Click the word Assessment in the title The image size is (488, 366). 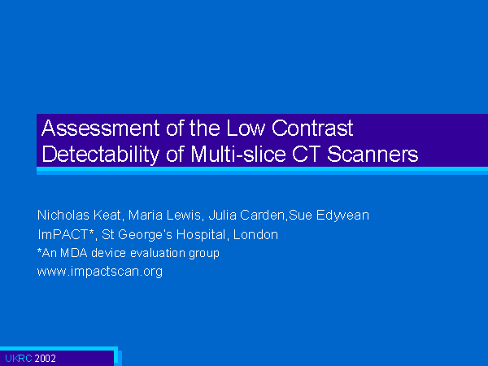tap(101, 128)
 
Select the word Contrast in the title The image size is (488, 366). tap(312, 128)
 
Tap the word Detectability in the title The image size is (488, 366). tap(101, 155)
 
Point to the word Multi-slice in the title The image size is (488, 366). tap(238, 154)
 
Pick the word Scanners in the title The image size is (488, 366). tap(373, 154)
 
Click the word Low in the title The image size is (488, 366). tap(246, 128)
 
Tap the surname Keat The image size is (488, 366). tap(107, 216)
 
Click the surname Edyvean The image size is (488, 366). tap(342, 216)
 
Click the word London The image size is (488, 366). tap(255, 234)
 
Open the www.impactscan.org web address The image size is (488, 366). tap(100, 272)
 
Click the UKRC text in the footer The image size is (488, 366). tap(19, 359)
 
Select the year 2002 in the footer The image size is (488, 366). tap(46, 359)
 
